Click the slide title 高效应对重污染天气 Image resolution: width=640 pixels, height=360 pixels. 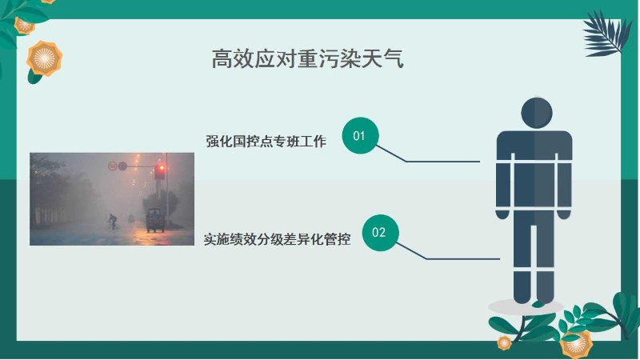pyautogui.click(x=308, y=58)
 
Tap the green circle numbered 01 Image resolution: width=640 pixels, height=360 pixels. pyautogui.click(x=360, y=135)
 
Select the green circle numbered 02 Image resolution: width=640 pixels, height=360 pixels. pyautogui.click(x=380, y=233)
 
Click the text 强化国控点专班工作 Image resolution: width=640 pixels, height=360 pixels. pyautogui.click(x=266, y=142)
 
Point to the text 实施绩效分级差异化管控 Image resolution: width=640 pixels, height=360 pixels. pyautogui.click(x=277, y=238)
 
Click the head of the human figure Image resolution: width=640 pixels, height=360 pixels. pyautogui.click(x=536, y=112)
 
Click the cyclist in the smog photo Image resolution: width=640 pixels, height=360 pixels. pyautogui.click(x=112, y=222)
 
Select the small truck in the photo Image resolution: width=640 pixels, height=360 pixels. pyautogui.click(x=155, y=220)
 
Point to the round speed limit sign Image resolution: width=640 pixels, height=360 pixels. pyautogui.click(x=112, y=166)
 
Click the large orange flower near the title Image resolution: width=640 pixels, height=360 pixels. pyautogui.click(x=45, y=58)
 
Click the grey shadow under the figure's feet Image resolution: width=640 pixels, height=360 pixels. pyautogui.click(x=526, y=306)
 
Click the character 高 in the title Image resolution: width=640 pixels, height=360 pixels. pyautogui.click(x=222, y=58)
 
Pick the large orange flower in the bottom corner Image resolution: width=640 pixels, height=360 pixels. pyautogui.click(x=576, y=345)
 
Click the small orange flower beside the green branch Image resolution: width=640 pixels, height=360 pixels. pyautogui.click(x=504, y=342)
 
